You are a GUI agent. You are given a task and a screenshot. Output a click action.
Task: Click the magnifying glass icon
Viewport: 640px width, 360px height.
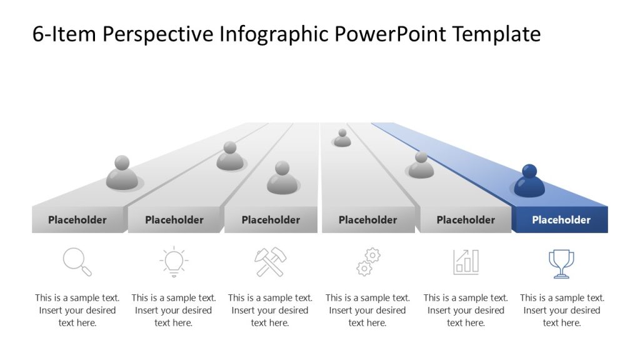[77, 262]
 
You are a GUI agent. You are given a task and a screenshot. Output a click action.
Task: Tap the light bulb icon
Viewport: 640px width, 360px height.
[174, 262]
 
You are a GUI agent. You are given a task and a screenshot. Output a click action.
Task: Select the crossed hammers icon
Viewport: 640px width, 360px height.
[271, 262]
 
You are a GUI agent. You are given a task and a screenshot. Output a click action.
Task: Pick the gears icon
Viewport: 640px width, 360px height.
[368, 262]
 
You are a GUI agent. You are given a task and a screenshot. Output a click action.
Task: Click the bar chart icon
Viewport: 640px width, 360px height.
[466, 262]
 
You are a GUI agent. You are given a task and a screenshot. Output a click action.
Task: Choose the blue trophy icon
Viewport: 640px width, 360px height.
[561, 263]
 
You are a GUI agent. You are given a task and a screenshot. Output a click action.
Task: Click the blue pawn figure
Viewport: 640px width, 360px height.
[529, 182]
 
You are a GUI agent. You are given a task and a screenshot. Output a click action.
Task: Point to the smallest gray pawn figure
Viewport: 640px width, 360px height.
[342, 138]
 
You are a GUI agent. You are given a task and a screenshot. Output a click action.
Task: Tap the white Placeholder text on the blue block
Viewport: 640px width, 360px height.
[561, 220]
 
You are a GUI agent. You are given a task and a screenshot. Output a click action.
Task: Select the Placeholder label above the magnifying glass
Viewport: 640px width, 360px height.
[77, 220]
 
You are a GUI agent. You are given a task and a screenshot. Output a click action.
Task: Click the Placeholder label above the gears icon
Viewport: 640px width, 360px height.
[367, 220]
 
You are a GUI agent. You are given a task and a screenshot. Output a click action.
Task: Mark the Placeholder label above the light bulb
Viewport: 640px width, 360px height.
[174, 220]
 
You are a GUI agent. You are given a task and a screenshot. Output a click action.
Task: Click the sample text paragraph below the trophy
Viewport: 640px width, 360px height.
[562, 311]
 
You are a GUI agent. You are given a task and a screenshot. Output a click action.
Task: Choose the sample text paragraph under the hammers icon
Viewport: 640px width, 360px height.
[270, 311]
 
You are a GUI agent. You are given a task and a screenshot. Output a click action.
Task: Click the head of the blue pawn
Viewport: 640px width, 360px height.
[529, 171]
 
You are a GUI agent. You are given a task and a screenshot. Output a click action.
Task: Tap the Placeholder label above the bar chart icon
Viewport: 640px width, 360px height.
[466, 220]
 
